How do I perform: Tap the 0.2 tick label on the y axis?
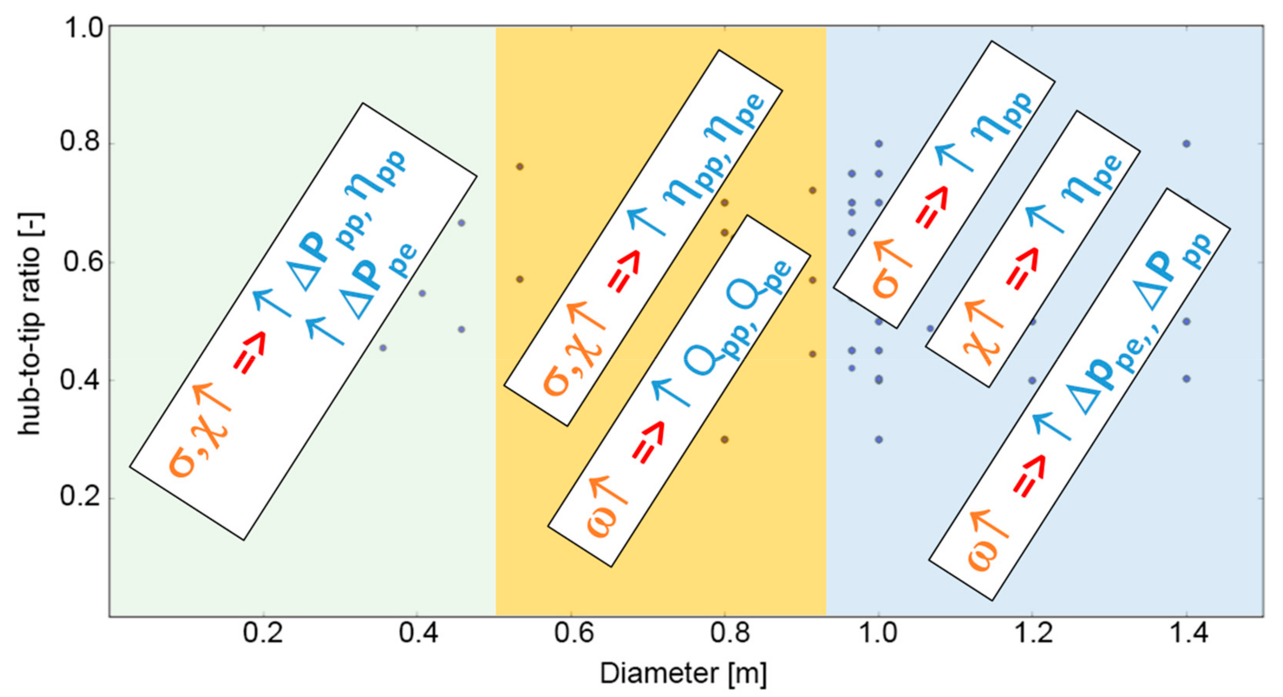coord(80,497)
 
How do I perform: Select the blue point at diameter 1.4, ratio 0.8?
coord(1186,144)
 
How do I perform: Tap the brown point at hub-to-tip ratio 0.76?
coord(519,166)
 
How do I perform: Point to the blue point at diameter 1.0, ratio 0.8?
coord(879,144)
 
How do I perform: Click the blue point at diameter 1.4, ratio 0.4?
coord(1186,379)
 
